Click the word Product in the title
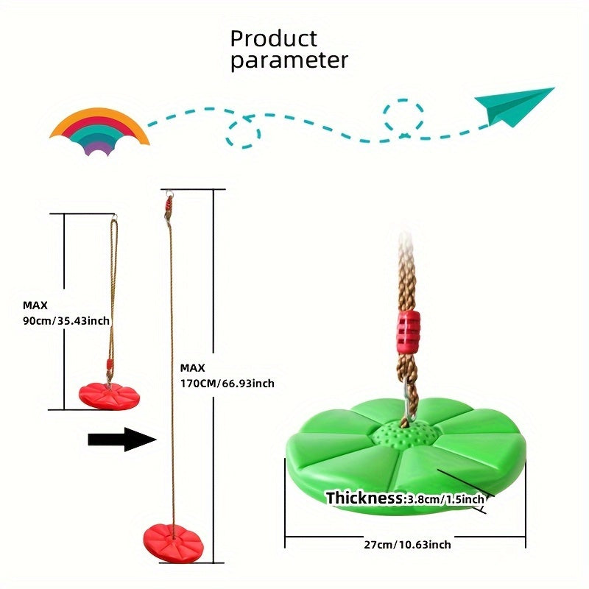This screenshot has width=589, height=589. pos(273,38)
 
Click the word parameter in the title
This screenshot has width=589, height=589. pos(289,60)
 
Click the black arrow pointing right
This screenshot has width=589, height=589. pos(122,440)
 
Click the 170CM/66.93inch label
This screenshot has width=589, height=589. pos(227,384)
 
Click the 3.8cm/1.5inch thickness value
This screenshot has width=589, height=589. pos(446,499)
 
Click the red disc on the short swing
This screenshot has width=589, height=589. pos(109,394)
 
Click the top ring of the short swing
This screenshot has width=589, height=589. pos(116,218)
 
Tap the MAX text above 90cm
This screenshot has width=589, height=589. pos(35,305)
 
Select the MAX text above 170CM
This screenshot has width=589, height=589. pos(192,367)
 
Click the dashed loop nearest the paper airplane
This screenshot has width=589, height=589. pos(403,116)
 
